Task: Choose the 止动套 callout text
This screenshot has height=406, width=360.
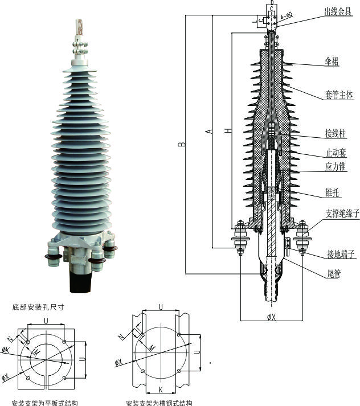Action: (336, 153)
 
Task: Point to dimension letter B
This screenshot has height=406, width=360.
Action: (181, 143)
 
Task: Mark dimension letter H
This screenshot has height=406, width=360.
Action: (228, 131)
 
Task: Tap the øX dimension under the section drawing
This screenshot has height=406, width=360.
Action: (271, 317)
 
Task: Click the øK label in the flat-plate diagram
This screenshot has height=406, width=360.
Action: (6, 350)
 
